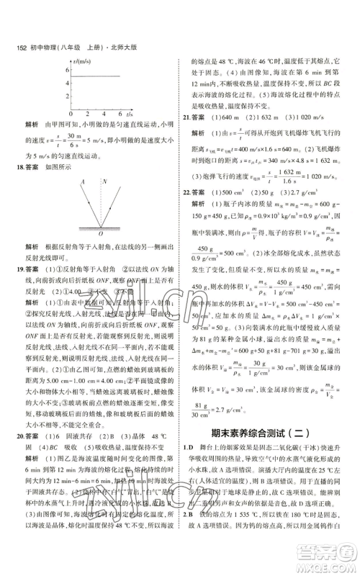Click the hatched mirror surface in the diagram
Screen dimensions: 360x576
tap(101, 227)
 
